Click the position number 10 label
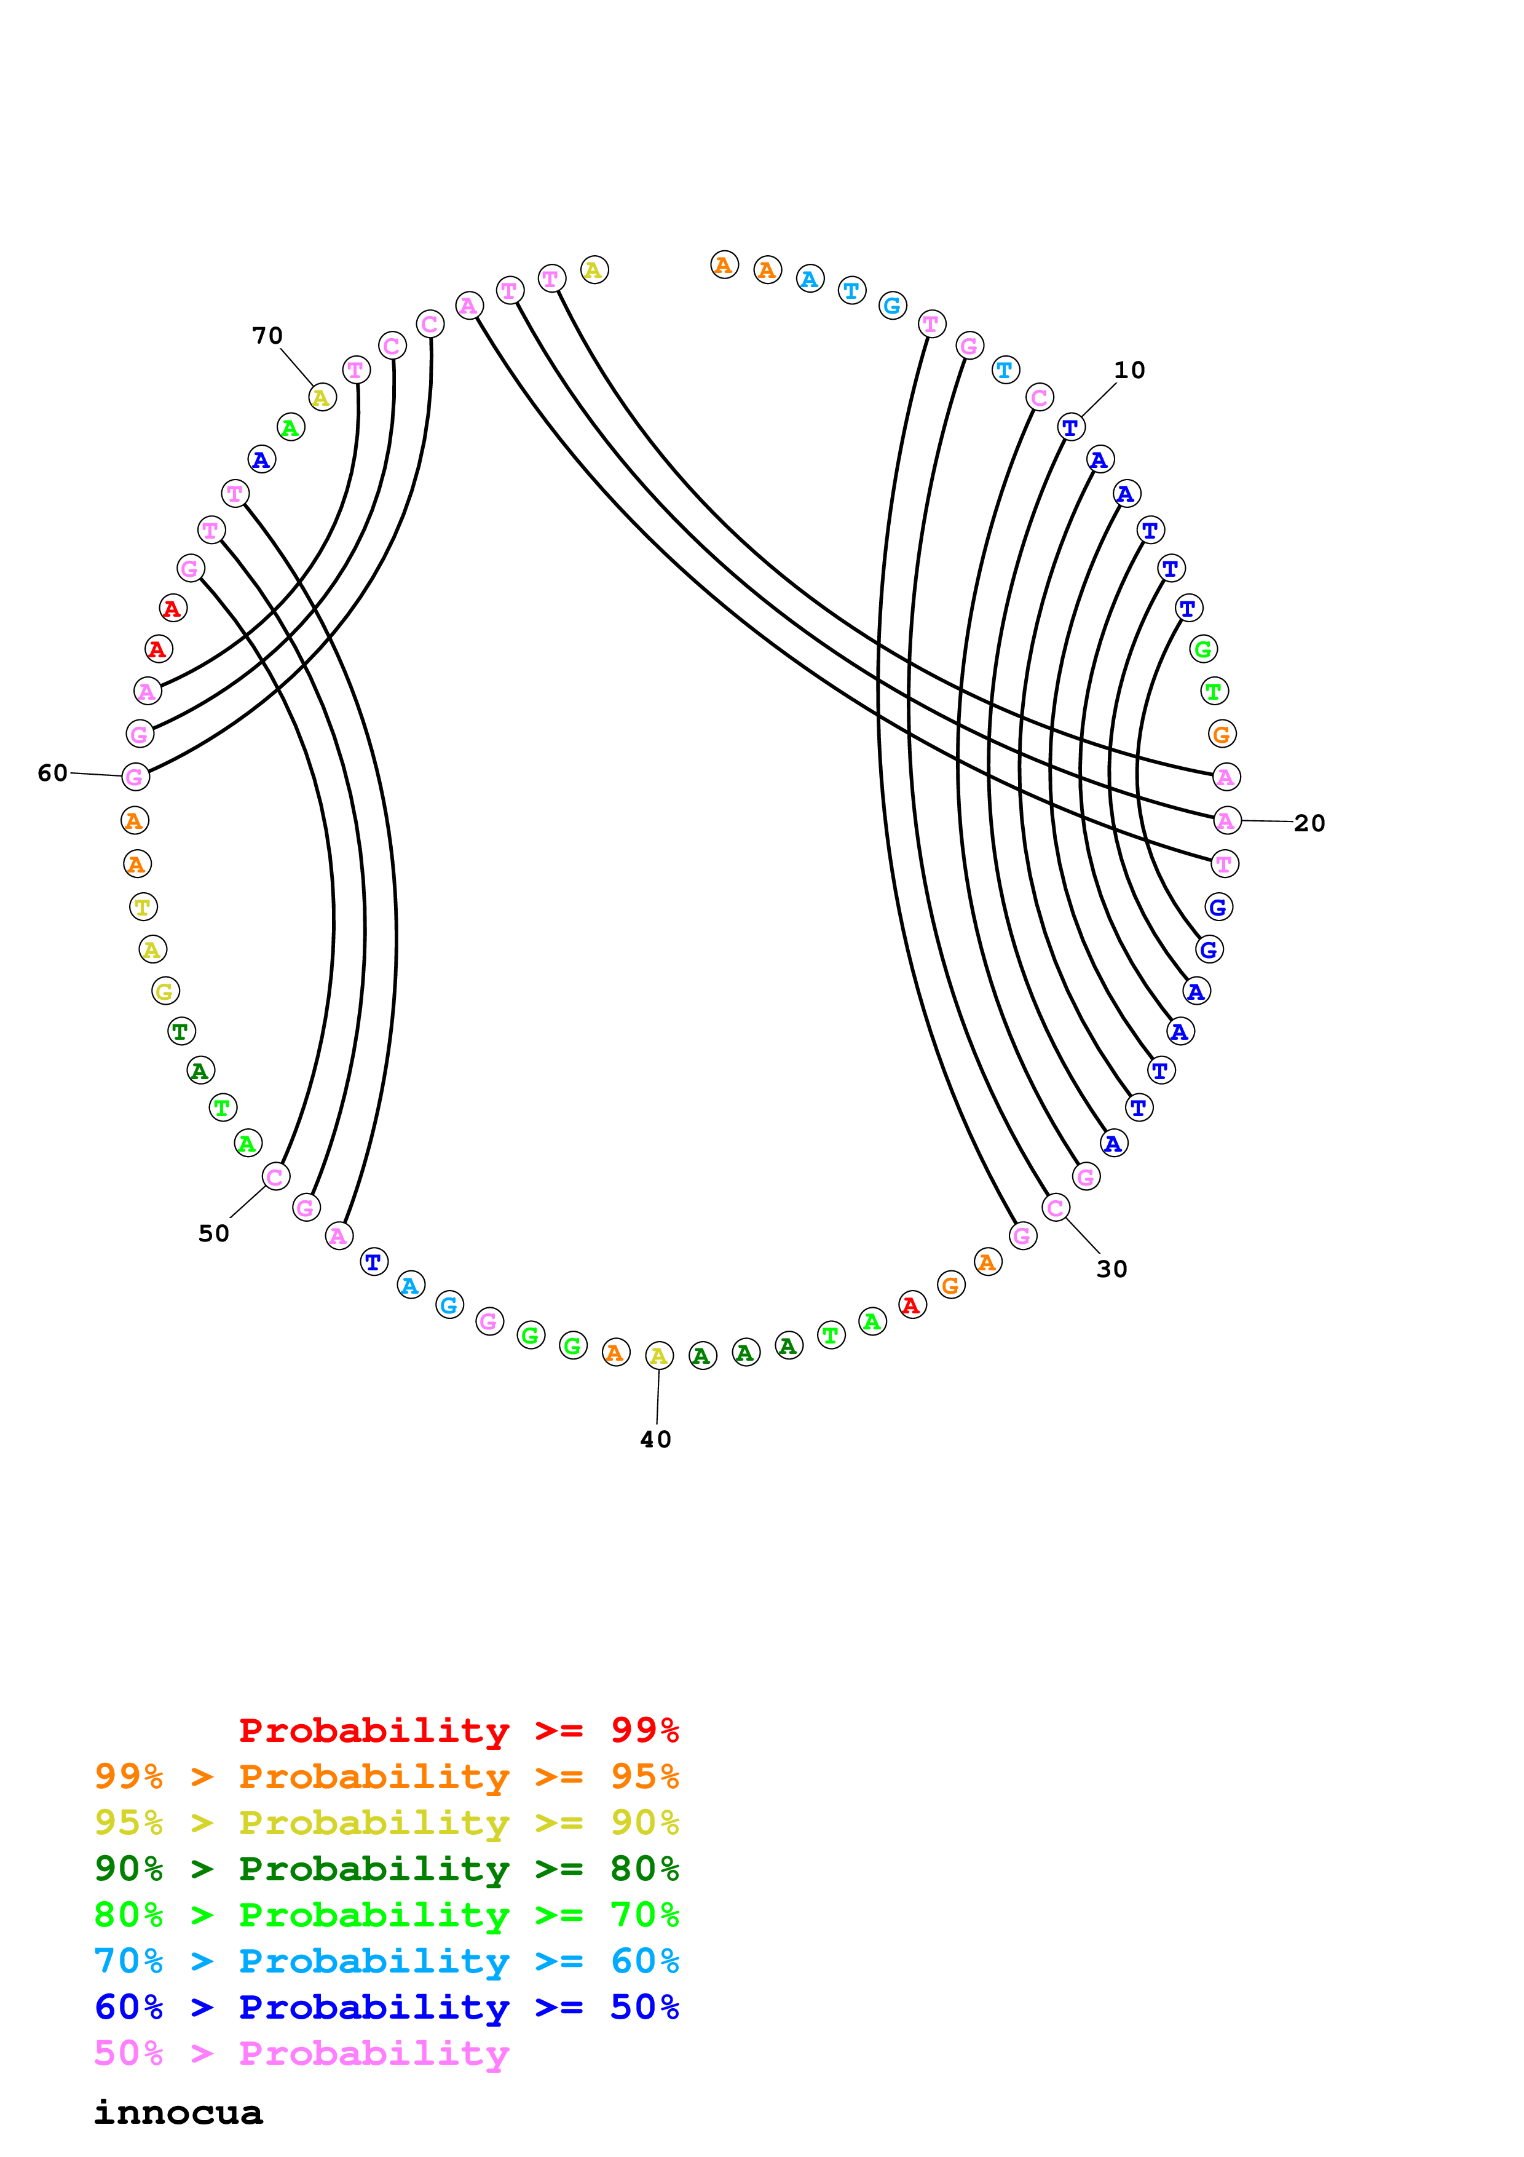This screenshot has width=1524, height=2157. pos(1129,370)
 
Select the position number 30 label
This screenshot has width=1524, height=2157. pos(1111,1269)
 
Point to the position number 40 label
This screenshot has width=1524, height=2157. pos(655,1439)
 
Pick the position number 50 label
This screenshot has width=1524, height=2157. pos(214,1233)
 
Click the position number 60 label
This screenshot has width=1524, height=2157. pos(53,772)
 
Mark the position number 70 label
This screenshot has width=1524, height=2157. pos(267,335)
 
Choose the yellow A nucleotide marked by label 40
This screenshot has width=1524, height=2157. pos(659,1356)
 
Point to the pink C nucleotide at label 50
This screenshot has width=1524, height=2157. pos(276,1176)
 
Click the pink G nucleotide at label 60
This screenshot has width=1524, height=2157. pos(136,777)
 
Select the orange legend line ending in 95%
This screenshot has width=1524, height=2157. pos(387,1776)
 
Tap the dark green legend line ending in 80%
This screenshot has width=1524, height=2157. pos(387,1869)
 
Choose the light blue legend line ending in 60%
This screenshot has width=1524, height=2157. pos(387,1961)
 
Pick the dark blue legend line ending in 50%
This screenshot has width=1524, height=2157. pos(387,2007)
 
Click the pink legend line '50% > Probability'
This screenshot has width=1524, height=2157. pos(301,2052)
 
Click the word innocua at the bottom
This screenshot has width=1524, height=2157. pos(178,2112)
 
